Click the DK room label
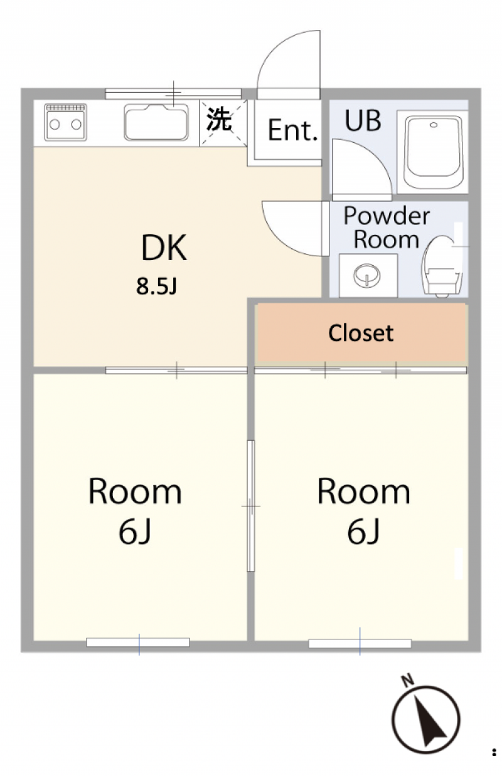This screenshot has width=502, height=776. click(164, 248)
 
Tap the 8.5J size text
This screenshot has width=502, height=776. click(156, 286)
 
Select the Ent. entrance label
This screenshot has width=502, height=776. click(293, 130)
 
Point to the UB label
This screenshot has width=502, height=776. click(363, 120)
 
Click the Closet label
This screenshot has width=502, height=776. click(361, 333)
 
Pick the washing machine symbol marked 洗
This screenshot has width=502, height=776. click(223, 123)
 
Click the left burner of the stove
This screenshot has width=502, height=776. click(55, 124)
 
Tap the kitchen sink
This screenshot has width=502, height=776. click(156, 122)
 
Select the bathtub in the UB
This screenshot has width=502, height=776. click(434, 152)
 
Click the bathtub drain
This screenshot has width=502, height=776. click(434, 125)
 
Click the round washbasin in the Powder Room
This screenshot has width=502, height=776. click(366, 276)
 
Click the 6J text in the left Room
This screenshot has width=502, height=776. click(135, 532)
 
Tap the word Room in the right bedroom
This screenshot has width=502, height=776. click(363, 492)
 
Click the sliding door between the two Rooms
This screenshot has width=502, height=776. click(251, 506)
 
